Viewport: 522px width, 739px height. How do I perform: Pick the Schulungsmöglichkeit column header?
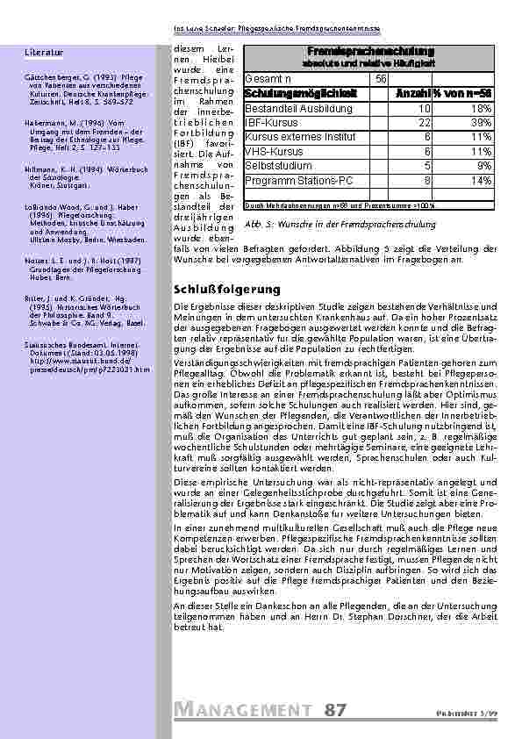(x=289, y=93)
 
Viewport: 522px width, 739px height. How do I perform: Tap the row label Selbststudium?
(x=277, y=165)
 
